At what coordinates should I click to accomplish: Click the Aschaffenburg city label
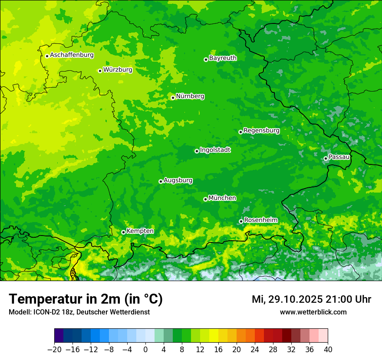pyautogui.click(x=72, y=55)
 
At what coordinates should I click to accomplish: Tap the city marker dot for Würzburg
pyautogui.click(x=100, y=71)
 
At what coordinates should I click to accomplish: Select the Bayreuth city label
pyautogui.click(x=223, y=58)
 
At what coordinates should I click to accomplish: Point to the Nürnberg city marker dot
pyautogui.click(x=173, y=98)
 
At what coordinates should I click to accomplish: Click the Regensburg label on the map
pyautogui.click(x=261, y=131)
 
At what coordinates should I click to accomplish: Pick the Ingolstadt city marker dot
pyautogui.click(x=197, y=151)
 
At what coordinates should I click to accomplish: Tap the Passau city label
pyautogui.click(x=339, y=157)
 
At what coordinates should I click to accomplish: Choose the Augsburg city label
pyautogui.click(x=178, y=180)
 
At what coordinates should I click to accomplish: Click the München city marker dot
pyautogui.click(x=205, y=199)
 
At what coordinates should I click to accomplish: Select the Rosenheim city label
pyautogui.click(x=260, y=220)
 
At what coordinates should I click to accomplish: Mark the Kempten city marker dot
pyautogui.click(x=123, y=232)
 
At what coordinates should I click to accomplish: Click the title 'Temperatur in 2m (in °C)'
pyautogui.click(x=86, y=299)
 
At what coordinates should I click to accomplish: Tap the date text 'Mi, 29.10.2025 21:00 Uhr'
pyautogui.click(x=311, y=299)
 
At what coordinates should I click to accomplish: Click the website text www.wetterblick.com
pyautogui.click(x=313, y=312)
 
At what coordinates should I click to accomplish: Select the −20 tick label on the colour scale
pyautogui.click(x=54, y=350)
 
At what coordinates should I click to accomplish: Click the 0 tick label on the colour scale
pyautogui.click(x=145, y=350)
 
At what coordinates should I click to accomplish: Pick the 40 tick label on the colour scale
pyautogui.click(x=328, y=350)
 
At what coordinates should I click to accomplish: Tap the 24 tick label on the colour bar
pyautogui.click(x=255, y=350)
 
